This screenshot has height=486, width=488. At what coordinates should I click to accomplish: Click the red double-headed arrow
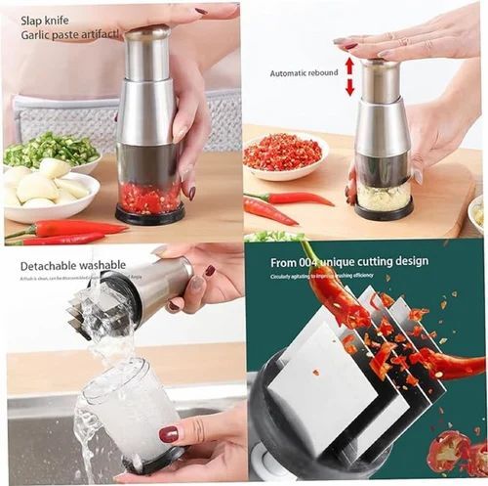click(x=349, y=75)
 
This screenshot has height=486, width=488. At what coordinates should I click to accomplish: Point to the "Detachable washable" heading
click(x=72, y=264)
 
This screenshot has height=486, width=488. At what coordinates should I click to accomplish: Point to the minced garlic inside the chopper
click(x=384, y=197)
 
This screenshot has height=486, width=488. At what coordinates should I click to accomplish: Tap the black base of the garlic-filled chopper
click(x=384, y=212)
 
